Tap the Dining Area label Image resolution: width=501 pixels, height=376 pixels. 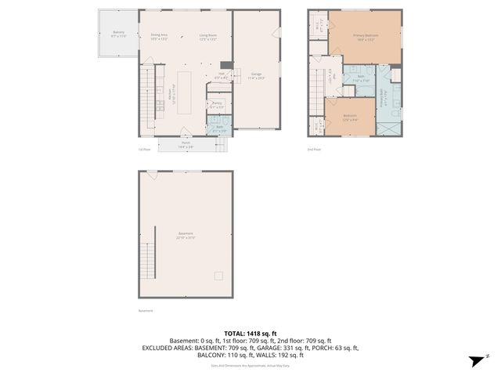[160, 36]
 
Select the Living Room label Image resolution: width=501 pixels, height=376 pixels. [207, 36]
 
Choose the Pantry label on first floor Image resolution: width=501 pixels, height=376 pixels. [217, 104]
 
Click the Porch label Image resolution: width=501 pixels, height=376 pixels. [186, 144]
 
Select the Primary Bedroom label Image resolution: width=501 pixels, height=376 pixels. [366, 36]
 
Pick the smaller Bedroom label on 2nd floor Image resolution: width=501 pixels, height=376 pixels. [351, 118]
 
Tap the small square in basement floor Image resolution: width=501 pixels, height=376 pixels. [220, 275]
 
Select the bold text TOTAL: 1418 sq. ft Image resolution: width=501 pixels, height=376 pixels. [250, 333]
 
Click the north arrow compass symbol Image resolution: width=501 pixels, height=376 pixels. [475, 360]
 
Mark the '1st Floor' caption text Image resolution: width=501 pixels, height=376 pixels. [143, 148]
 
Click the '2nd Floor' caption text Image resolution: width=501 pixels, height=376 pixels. [314, 148]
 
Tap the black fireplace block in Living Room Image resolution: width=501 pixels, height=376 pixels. [225, 66]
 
